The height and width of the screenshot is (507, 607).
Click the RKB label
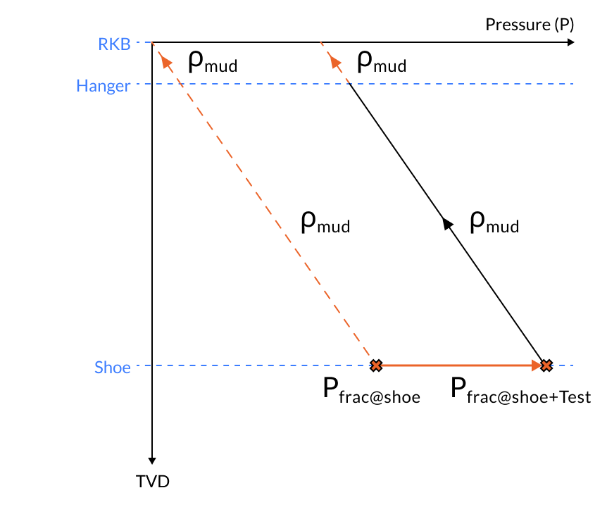[x=114, y=44]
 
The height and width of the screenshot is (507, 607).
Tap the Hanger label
[x=103, y=87]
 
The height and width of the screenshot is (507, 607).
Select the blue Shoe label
[x=113, y=367]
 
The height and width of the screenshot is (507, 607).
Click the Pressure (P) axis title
[x=530, y=25]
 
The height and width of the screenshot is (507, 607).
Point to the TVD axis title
[x=153, y=482]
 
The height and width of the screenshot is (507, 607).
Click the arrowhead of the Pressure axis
[x=570, y=42]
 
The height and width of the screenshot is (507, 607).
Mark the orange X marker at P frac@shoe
[x=376, y=365]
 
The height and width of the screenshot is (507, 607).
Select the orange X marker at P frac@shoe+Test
[x=546, y=365]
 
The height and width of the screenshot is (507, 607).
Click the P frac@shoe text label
[x=372, y=392]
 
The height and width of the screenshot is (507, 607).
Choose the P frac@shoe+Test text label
[x=520, y=392]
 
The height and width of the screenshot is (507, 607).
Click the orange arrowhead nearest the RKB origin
[x=167, y=62]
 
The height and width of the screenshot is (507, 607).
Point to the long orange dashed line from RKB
[x=268, y=211]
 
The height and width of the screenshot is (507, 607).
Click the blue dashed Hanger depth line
[x=458, y=84]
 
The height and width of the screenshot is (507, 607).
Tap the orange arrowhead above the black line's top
[x=334, y=62]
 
